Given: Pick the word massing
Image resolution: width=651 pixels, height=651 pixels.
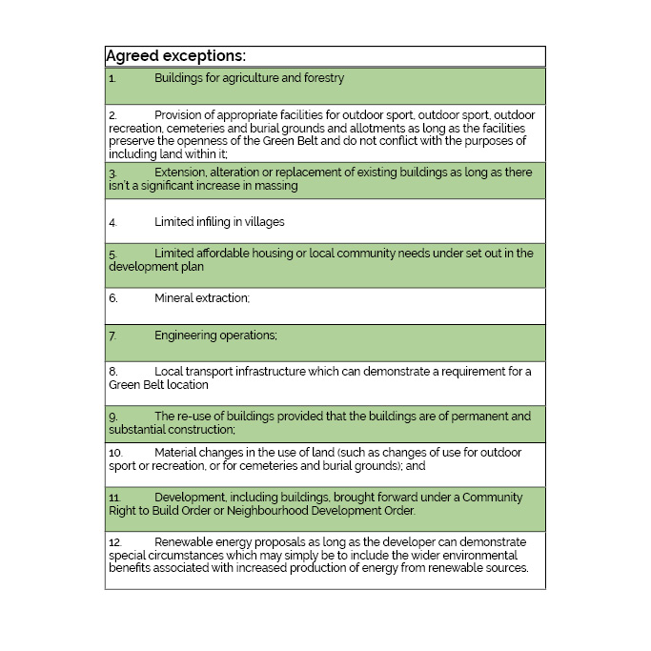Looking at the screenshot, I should pyautogui.click(x=275, y=186).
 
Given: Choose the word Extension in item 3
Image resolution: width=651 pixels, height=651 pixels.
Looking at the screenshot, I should pyautogui.click(x=181, y=173).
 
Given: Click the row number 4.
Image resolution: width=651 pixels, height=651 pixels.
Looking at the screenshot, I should pyautogui.click(x=112, y=222).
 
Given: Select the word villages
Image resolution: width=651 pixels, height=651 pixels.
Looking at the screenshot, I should pyautogui.click(x=263, y=222).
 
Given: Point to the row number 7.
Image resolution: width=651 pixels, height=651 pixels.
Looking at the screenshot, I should pyautogui.click(x=112, y=336).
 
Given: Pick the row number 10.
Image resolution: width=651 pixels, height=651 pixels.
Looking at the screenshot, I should pyautogui.click(x=114, y=453).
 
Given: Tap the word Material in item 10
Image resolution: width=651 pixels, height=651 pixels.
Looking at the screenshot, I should pyautogui.click(x=175, y=453).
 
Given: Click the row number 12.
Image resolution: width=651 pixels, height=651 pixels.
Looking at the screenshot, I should pyautogui.click(x=114, y=541).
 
